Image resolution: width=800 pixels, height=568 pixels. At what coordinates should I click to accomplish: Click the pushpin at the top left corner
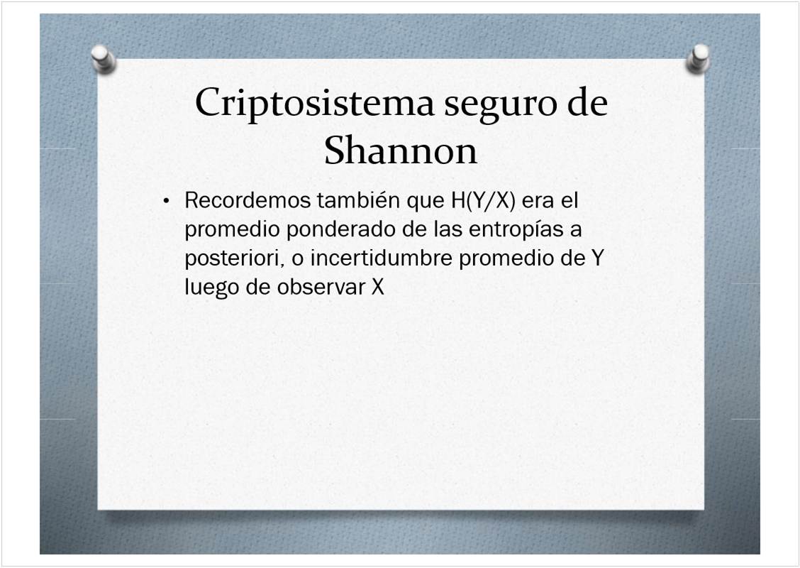pyautogui.click(x=104, y=59)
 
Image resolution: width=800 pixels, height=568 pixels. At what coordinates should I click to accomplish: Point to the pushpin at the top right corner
pyautogui.click(x=698, y=58)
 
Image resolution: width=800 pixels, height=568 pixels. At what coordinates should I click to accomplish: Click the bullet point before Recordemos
pyautogui.click(x=165, y=201)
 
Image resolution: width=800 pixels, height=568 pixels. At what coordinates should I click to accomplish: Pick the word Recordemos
pyautogui.click(x=248, y=200)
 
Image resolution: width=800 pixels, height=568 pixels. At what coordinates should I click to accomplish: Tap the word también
pyautogui.click(x=358, y=200)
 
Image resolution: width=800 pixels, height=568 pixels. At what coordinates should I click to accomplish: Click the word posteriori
pyautogui.click(x=233, y=258)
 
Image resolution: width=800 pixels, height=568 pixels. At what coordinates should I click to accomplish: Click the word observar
pyautogui.click(x=321, y=287)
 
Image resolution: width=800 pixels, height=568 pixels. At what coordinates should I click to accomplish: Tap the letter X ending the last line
pyautogui.click(x=377, y=287)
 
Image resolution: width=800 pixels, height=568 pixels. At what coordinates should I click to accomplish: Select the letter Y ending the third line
pyautogui.click(x=597, y=258)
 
